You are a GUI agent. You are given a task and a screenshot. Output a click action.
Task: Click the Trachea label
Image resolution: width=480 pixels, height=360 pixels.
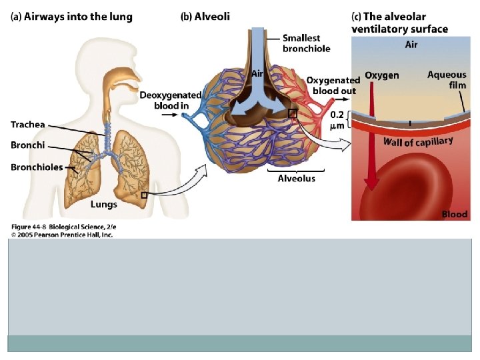pos(28,124)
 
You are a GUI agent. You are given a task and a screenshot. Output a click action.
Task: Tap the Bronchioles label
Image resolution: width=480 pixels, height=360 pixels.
pos(36,167)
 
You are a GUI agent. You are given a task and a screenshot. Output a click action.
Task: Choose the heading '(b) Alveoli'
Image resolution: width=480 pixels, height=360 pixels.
pos(205,17)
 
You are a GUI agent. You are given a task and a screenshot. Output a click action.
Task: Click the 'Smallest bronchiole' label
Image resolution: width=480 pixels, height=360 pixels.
pos(307,43)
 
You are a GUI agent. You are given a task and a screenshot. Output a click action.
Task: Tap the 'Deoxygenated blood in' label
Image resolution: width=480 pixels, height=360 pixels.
pos(171,101)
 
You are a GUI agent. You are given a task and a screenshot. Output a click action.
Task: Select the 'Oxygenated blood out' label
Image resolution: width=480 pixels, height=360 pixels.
pos(333,85)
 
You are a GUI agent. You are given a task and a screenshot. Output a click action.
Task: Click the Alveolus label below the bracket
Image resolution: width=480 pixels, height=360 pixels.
pos(297,179)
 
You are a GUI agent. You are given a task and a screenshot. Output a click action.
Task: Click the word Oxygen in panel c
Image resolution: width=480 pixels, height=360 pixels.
pos(382,75)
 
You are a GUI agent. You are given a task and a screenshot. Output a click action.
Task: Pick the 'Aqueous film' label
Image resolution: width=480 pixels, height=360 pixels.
pos(447,80)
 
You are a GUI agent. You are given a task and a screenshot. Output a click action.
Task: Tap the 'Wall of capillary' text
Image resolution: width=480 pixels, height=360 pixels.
pos(418,141)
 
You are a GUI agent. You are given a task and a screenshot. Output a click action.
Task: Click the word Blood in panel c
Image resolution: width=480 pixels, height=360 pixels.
pos(455,214)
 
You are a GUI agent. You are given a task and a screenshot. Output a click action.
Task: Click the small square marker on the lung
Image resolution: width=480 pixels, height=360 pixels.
pos(145,195)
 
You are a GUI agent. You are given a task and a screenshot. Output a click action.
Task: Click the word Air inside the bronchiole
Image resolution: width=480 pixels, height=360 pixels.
pos(257,74)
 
